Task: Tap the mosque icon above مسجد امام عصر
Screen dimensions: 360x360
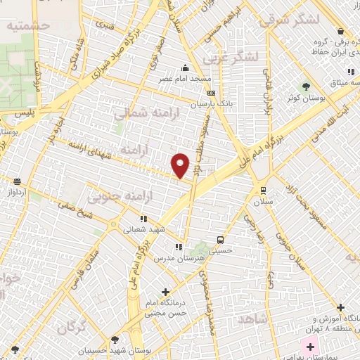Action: [x=185, y=68]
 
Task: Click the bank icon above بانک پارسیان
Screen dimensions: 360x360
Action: [x=210, y=93]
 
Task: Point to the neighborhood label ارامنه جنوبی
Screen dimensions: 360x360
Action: [x=114, y=194]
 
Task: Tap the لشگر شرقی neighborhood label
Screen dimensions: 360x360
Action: [x=289, y=20]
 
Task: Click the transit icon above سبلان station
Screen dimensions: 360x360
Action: [x=263, y=190]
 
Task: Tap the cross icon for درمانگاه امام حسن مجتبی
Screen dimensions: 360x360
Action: [x=166, y=291]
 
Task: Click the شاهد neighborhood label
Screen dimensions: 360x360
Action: [x=253, y=319]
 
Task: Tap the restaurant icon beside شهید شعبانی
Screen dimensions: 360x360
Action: [x=144, y=219]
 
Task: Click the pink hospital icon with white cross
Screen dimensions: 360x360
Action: [x=310, y=347]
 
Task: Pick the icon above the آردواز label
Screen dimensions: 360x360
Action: [x=17, y=181]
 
